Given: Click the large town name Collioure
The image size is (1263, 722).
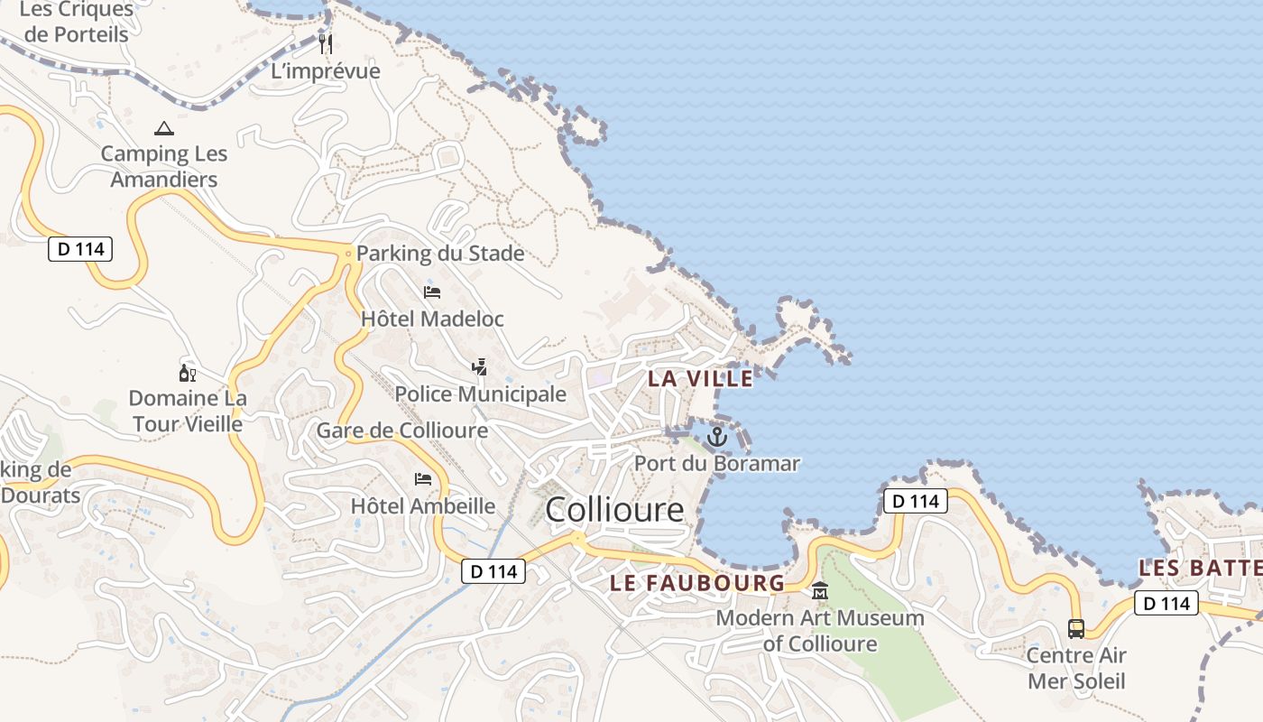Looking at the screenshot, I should [x=614, y=510].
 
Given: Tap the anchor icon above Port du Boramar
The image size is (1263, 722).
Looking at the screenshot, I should [x=716, y=438].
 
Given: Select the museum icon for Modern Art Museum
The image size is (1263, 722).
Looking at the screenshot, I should [x=820, y=591].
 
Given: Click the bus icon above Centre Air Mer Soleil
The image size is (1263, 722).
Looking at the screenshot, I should [x=1076, y=628].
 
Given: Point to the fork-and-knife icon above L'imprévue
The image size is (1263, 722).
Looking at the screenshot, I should [x=326, y=43].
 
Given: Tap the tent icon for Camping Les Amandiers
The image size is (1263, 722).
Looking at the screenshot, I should [x=163, y=128].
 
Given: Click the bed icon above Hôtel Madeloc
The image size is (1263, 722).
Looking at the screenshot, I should [x=432, y=292].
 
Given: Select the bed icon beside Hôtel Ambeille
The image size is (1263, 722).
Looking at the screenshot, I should [x=422, y=478].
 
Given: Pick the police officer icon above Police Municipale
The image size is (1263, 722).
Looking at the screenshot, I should [x=480, y=366].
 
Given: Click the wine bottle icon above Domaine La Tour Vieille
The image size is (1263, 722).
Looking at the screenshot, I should [x=187, y=373].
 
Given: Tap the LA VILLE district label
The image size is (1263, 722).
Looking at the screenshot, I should [x=700, y=379].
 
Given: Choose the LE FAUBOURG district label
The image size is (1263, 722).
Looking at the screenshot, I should [x=697, y=583].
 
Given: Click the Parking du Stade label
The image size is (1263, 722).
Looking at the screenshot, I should [x=440, y=254].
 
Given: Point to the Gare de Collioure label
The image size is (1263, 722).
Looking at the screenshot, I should [x=401, y=430].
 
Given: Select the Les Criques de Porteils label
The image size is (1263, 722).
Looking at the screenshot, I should [x=76, y=23].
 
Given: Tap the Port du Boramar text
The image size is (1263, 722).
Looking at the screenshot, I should [x=717, y=464].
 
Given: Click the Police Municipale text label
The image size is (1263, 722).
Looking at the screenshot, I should [x=481, y=394].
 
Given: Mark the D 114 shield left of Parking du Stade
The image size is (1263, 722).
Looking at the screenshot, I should [x=80, y=249].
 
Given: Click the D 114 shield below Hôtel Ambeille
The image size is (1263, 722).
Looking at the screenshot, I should [x=493, y=571].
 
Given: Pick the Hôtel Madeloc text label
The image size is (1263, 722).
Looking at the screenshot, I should [x=432, y=319].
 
